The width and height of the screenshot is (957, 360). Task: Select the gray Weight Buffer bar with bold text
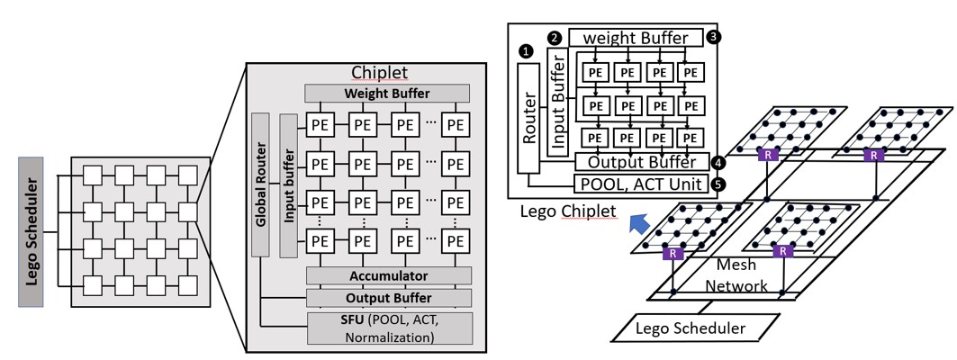(387, 94)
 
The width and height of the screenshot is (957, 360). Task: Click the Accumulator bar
(387, 275)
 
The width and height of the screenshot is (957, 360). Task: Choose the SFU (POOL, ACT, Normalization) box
(389, 328)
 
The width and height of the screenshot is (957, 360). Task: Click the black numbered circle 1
(526, 51)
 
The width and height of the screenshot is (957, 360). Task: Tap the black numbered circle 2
(555, 38)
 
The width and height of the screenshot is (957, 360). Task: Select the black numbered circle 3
(714, 38)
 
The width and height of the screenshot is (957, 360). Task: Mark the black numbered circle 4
(718, 163)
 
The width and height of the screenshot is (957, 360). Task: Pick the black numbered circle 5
(718, 185)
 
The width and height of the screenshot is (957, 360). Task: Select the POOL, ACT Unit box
(640, 184)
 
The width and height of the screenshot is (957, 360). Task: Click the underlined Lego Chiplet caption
(568, 211)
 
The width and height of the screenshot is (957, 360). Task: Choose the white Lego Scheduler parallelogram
(691, 328)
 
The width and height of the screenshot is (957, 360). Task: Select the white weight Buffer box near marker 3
(635, 39)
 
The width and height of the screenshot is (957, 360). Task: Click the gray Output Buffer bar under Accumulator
(389, 298)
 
